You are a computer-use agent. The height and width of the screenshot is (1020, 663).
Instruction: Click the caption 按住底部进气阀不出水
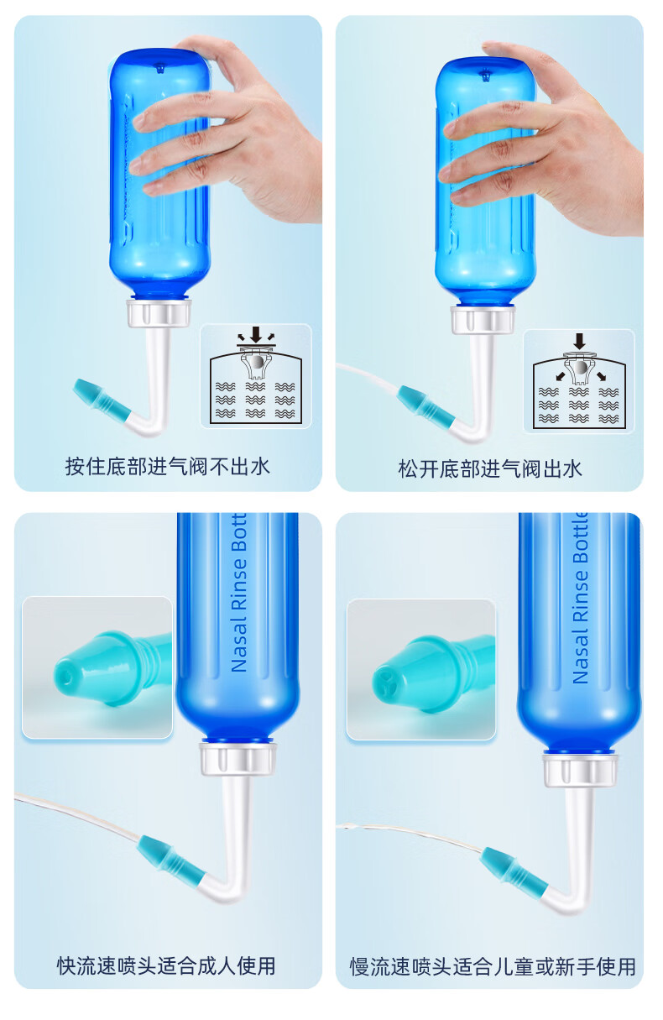coord(167,467)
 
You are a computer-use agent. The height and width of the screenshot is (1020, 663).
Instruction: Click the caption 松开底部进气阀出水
coord(490,469)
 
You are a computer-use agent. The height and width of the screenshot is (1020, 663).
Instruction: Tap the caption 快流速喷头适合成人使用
coord(166,965)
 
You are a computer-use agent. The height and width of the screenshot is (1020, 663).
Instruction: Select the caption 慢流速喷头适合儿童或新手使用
coord(493,967)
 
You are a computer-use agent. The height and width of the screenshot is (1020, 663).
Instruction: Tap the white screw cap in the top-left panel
coord(159,313)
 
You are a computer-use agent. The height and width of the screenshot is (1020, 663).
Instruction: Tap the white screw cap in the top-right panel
coord(483,320)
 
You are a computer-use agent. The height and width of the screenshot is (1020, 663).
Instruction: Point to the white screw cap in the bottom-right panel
coord(580,770)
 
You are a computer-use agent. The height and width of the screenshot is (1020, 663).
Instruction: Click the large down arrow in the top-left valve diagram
coord(256,334)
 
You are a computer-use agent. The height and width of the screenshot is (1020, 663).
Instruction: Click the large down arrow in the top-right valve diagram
coord(579,341)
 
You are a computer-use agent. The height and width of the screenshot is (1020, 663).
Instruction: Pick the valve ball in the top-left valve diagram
coord(257,362)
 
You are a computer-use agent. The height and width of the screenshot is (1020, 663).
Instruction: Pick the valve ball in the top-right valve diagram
coord(580,367)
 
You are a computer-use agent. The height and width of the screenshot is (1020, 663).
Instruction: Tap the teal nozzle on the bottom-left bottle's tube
coord(172,856)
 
